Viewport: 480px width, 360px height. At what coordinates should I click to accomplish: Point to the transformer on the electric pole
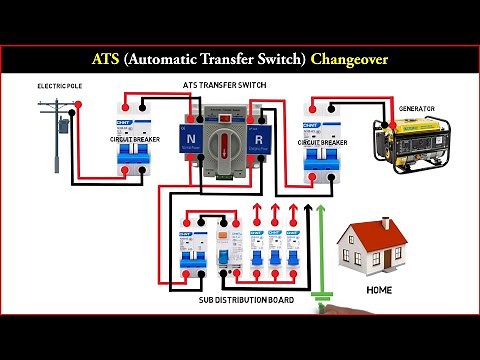(63, 126)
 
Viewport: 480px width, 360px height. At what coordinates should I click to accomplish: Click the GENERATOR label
(416, 107)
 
